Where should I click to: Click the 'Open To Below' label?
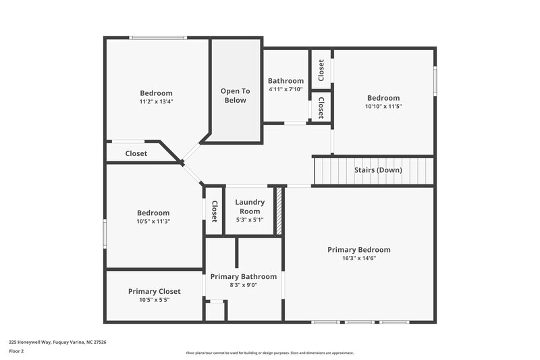click(235, 95)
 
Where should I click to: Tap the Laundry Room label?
click(250, 206)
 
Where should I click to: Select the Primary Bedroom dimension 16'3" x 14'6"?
click(358, 258)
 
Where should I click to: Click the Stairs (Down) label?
click(378, 170)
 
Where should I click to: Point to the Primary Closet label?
click(154, 291)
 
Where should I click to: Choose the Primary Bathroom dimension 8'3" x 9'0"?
click(243, 285)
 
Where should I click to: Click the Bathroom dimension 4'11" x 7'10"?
click(286, 89)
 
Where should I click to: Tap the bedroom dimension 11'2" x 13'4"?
click(156, 102)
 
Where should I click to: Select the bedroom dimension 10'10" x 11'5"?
click(383, 106)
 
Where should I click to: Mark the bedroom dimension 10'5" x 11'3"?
click(154, 221)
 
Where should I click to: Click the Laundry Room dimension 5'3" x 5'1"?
click(250, 220)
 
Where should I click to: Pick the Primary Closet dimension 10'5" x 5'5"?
click(154, 300)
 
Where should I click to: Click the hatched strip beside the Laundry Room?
click(278, 211)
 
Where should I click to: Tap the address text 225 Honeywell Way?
click(57, 342)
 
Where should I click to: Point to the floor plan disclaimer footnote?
click(269, 353)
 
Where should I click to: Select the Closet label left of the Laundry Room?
click(214, 211)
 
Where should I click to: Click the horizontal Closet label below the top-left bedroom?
click(136, 153)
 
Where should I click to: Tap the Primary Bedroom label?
click(358, 249)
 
